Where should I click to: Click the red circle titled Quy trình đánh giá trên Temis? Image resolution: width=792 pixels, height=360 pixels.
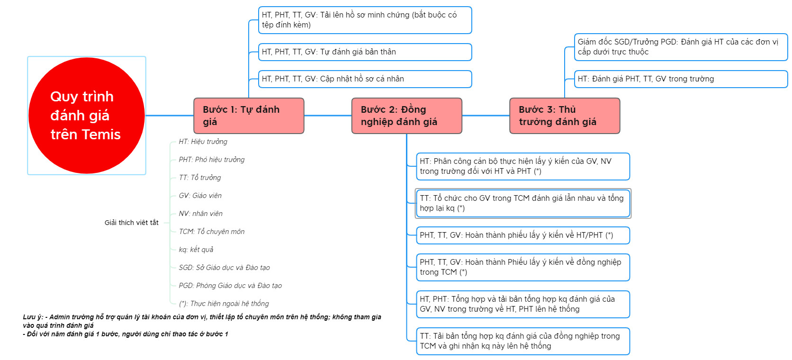point(86,116)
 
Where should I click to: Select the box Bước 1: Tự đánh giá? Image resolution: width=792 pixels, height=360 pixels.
point(249,116)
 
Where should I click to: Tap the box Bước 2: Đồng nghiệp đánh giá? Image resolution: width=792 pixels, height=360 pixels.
point(406,116)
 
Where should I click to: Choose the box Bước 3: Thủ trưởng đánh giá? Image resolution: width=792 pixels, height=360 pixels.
point(564,116)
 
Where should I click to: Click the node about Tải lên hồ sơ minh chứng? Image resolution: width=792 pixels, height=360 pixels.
point(365,20)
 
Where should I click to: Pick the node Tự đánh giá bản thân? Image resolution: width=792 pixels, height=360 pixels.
point(365,52)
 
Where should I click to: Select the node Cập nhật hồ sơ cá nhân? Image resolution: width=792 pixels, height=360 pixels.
point(365,79)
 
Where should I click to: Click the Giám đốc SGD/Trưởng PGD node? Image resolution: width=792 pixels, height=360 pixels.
point(680,47)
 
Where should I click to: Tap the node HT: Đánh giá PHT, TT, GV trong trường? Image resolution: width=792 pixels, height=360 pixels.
point(680,79)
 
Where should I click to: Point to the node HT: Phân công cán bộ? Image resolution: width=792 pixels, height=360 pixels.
point(522,166)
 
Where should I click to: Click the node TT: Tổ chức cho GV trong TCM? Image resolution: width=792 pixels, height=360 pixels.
point(522,203)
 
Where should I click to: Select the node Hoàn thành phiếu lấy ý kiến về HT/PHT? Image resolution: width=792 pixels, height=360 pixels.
point(522,235)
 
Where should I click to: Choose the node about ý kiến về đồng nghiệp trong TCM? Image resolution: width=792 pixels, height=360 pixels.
point(522,267)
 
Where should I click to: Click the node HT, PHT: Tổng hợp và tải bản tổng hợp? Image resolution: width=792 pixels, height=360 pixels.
point(522,304)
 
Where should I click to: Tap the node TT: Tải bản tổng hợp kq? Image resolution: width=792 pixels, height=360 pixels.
point(522,341)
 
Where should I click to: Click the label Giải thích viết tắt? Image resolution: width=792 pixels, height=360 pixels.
point(131,223)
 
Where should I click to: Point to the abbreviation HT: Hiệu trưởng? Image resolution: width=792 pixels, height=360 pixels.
point(203,142)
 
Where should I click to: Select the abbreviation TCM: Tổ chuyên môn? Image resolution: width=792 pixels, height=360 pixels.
point(211,232)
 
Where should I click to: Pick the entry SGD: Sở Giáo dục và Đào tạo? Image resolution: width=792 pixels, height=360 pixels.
point(224,268)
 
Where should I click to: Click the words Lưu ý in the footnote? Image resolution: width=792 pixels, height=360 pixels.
point(33,317)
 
